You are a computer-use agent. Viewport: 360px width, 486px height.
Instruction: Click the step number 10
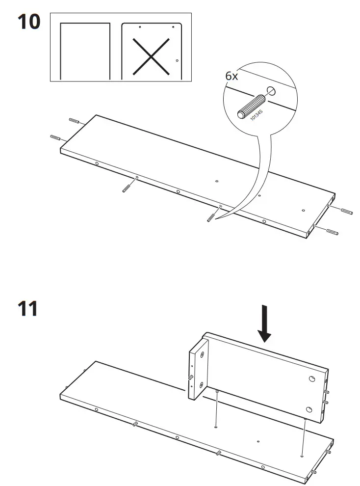coord(29,22)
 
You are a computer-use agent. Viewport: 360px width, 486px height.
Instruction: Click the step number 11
coord(28,309)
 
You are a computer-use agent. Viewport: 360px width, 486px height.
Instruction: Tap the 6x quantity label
coord(231,76)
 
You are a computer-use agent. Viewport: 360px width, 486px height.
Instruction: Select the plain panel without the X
coord(85,51)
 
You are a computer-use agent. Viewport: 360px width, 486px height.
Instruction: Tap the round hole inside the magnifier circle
coord(270,90)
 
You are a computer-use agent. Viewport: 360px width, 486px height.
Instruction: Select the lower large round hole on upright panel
coord(309,409)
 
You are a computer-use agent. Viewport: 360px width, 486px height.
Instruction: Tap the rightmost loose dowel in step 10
coord(332,231)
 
